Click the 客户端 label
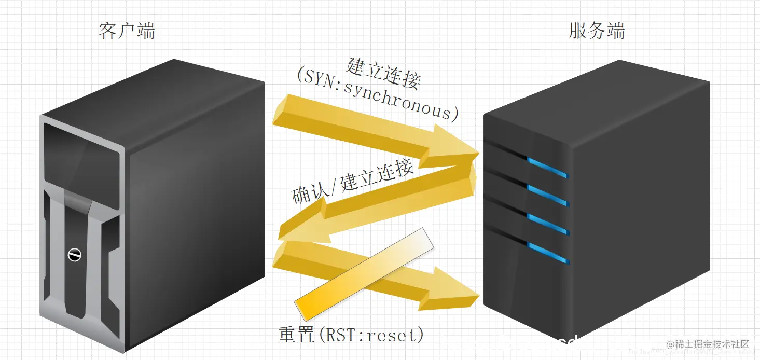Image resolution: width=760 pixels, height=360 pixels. (127, 31)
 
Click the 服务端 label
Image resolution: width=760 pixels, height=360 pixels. (597, 31)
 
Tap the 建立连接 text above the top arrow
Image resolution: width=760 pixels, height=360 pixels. (384, 73)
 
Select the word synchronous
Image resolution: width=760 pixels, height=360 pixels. (398, 102)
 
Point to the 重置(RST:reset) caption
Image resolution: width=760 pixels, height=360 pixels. (351, 335)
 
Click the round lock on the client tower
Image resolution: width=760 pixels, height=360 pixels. (75, 255)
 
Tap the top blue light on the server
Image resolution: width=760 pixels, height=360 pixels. (547, 168)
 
